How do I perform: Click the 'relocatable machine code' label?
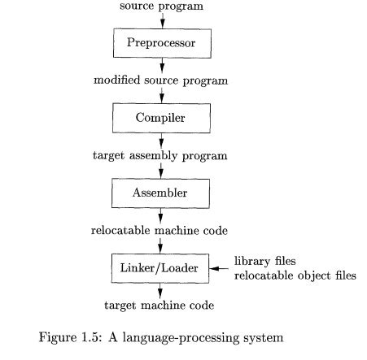coord(160,231)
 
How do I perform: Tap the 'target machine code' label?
coord(160,306)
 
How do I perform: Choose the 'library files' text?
coord(264,261)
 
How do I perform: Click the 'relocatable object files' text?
coord(295,275)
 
